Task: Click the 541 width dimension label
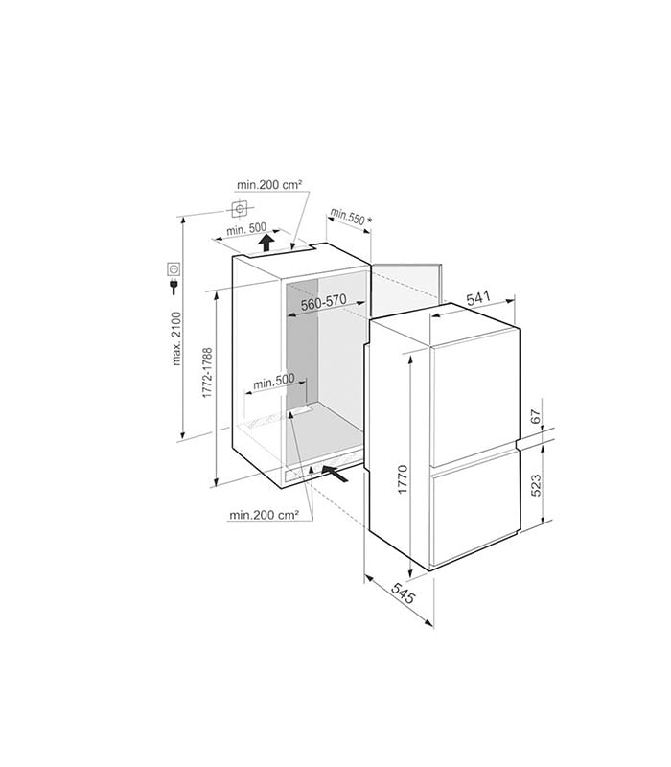(477, 298)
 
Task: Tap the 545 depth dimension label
(403, 593)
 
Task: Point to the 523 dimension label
(536, 485)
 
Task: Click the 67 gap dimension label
(536, 417)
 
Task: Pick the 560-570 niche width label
(323, 302)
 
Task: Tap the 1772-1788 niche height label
(207, 372)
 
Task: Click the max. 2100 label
(176, 338)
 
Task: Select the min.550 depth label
(347, 217)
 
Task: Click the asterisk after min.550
(369, 221)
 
